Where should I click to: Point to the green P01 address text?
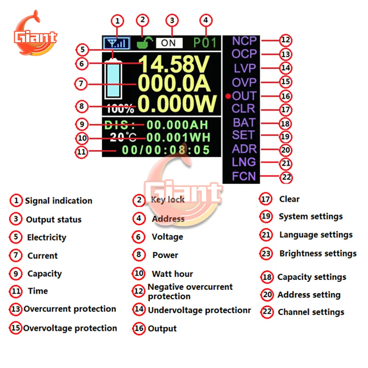pyautogui.click(x=205, y=43)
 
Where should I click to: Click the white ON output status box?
pyautogui.click(x=169, y=43)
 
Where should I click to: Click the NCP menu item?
pyautogui.click(x=244, y=41)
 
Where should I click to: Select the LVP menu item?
pyautogui.click(x=244, y=68)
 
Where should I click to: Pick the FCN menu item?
pyautogui.click(x=244, y=176)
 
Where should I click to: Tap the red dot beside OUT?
pyautogui.click(x=228, y=96)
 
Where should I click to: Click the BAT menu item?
pyautogui.click(x=244, y=122)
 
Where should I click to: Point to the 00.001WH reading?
pyautogui.click(x=178, y=137)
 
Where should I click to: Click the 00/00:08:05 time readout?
pyautogui.click(x=166, y=150)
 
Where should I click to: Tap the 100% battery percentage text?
pyautogui.click(x=121, y=109)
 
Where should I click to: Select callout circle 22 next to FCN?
pyautogui.click(x=286, y=177)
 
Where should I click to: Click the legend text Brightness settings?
pyautogui.click(x=318, y=254)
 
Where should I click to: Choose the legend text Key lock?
pyautogui.click(x=168, y=199)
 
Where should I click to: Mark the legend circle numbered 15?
pyautogui.click(x=16, y=328)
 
